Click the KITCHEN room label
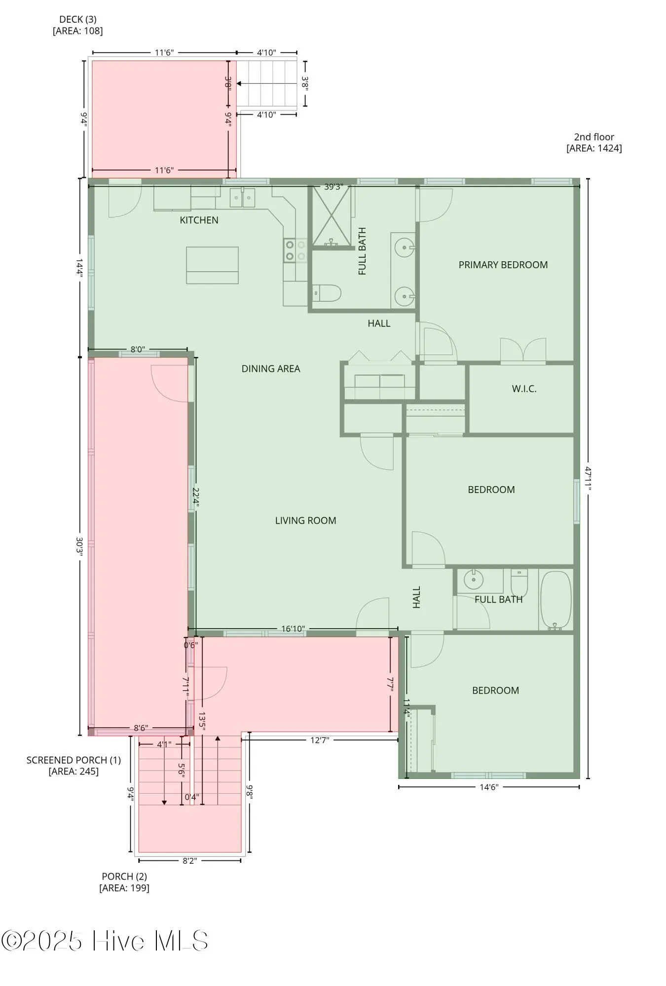tap(199, 220)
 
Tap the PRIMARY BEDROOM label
tap(503, 265)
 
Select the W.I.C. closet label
tap(524, 388)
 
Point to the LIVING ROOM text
tap(305, 521)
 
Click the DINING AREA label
tap(270, 369)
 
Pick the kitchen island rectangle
tap(212, 265)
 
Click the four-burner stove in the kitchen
tap(295, 250)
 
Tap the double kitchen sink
tap(242, 198)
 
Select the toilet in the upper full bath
tap(327, 293)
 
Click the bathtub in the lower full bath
tap(555, 599)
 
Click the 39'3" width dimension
tap(333, 187)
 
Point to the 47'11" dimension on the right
tap(588, 478)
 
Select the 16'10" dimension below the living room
tap(293, 629)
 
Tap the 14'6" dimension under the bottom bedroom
tap(489, 787)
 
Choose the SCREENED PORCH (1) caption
tap(74, 766)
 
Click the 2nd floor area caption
tap(594, 142)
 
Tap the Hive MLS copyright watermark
tap(105, 941)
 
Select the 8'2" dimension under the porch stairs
tap(189, 861)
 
